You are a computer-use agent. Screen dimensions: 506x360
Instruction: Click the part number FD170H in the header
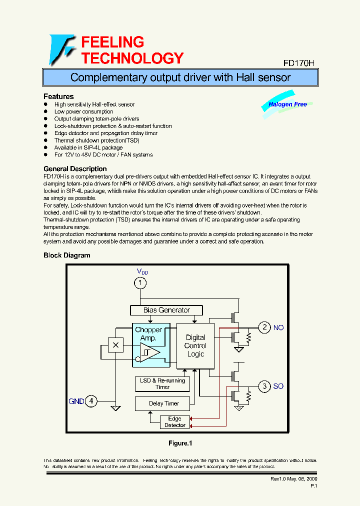(x=298, y=63)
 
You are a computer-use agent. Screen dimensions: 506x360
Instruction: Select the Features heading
(x=58, y=96)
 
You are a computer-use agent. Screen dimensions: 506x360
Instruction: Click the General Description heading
(x=75, y=169)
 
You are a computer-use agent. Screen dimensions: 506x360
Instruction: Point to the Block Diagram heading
(x=67, y=255)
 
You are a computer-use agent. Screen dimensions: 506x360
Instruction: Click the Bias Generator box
(x=166, y=310)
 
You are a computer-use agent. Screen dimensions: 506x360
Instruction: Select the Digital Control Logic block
(x=195, y=346)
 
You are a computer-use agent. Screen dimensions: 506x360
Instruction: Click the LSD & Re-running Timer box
(x=162, y=384)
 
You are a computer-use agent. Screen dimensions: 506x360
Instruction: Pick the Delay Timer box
(x=163, y=403)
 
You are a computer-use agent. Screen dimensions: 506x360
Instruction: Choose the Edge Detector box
(x=175, y=422)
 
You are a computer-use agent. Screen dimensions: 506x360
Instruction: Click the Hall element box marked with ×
(x=116, y=345)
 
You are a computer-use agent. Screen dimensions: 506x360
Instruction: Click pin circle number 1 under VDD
(x=141, y=283)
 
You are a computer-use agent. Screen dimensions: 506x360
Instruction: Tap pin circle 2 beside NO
(x=264, y=327)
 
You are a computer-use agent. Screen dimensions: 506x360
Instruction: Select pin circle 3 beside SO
(x=264, y=386)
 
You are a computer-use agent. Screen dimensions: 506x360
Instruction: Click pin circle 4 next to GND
(x=91, y=401)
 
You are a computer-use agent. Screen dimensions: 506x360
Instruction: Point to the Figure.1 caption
(x=180, y=443)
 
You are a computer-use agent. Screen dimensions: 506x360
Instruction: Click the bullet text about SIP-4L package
(x=88, y=147)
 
